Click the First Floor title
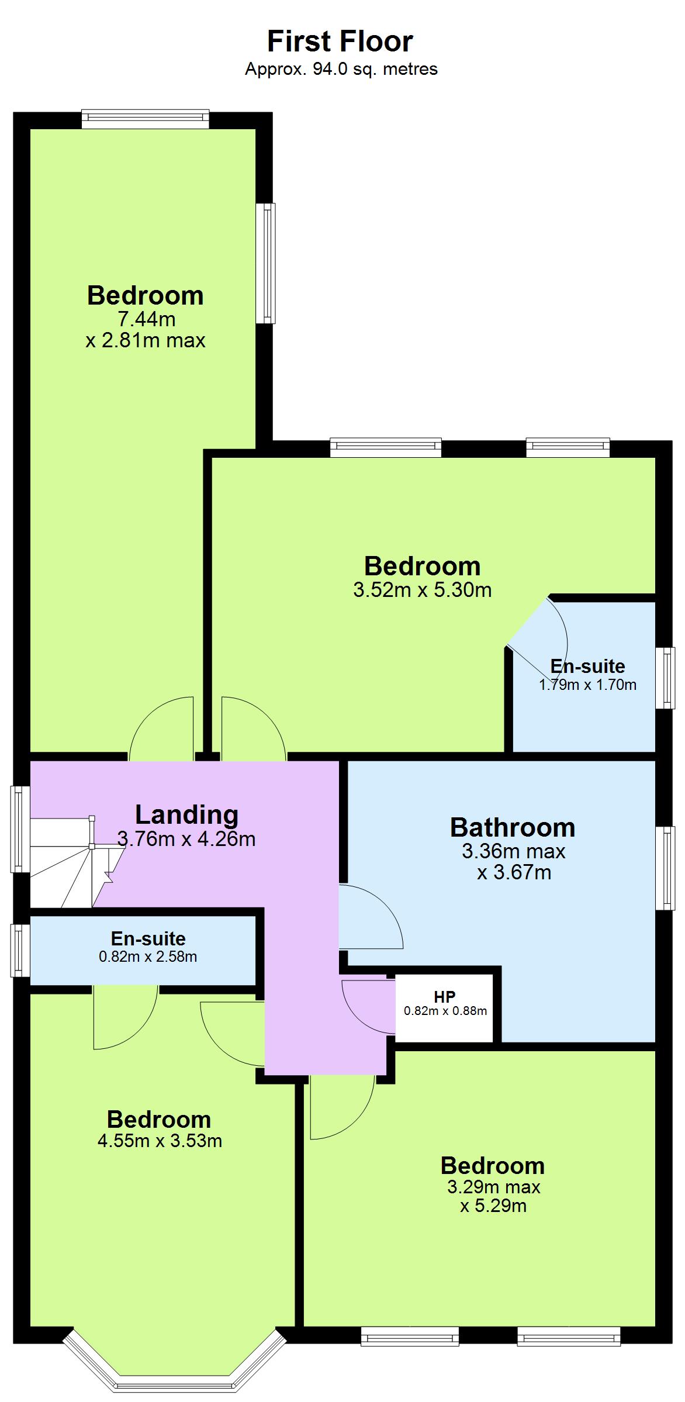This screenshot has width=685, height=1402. pos(340,42)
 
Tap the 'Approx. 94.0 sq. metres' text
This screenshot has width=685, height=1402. pos(341,69)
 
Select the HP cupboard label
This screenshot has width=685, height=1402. pos(445,997)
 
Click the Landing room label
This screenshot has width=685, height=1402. pos(186,814)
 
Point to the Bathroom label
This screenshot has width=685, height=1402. pos(513,827)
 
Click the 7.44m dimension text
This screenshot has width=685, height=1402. pos(146,319)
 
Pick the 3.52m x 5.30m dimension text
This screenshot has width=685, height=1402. pos(422,590)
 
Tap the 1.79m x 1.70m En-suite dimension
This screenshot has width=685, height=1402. pos(587,685)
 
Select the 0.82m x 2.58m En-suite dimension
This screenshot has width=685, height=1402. pos(148,956)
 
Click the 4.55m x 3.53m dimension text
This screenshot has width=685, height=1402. pos(160,1141)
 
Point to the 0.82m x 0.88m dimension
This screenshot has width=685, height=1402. pos(445,1011)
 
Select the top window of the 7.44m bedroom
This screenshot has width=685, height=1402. pos(145,119)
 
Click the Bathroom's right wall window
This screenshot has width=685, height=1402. pos(665,868)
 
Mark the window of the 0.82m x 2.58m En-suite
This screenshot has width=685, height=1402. pos(20,950)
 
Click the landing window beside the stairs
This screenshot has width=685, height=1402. pos(20,829)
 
